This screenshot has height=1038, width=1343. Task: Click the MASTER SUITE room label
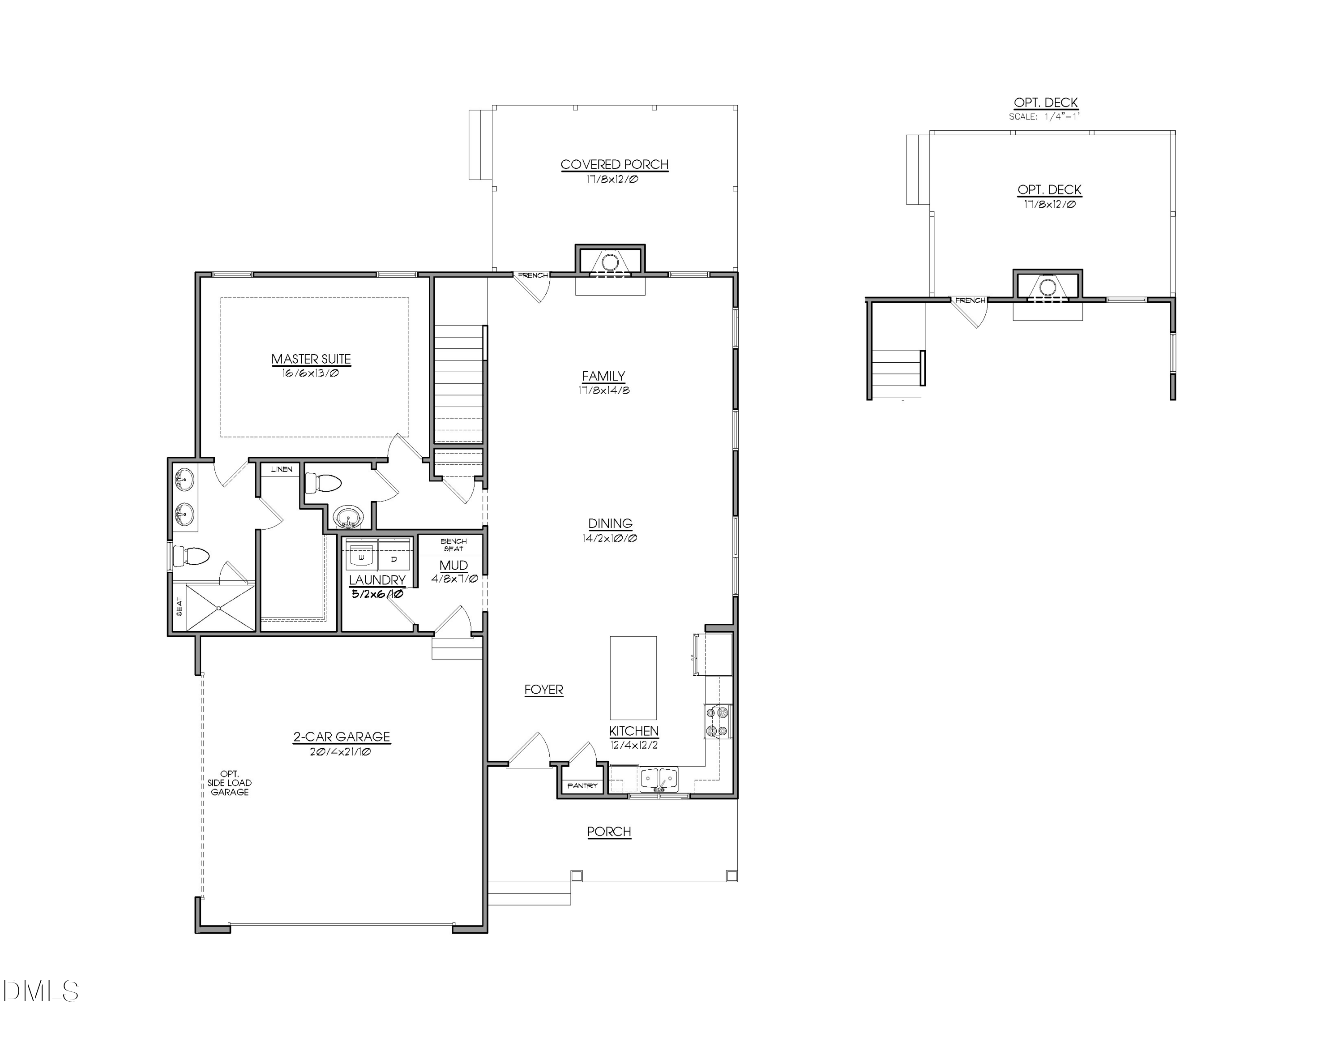[x=311, y=359]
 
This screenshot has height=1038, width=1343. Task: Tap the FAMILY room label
[x=603, y=376]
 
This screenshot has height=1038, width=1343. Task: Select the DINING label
[x=610, y=523]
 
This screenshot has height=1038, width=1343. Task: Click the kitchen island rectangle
[x=633, y=678]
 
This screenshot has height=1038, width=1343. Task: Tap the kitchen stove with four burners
[x=718, y=721]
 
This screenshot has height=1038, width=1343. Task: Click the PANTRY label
[x=582, y=786]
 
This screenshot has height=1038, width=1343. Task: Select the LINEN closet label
[x=282, y=469]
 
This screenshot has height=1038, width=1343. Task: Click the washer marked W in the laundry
[x=361, y=557]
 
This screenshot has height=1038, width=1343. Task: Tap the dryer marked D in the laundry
[x=394, y=558]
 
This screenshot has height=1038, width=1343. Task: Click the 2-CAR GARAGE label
[x=341, y=737]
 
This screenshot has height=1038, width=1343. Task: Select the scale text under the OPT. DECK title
[x=1045, y=116]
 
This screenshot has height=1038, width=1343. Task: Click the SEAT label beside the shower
[x=179, y=607]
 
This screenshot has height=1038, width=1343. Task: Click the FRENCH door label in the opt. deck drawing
[x=971, y=301]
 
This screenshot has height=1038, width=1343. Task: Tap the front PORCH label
[x=609, y=832]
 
